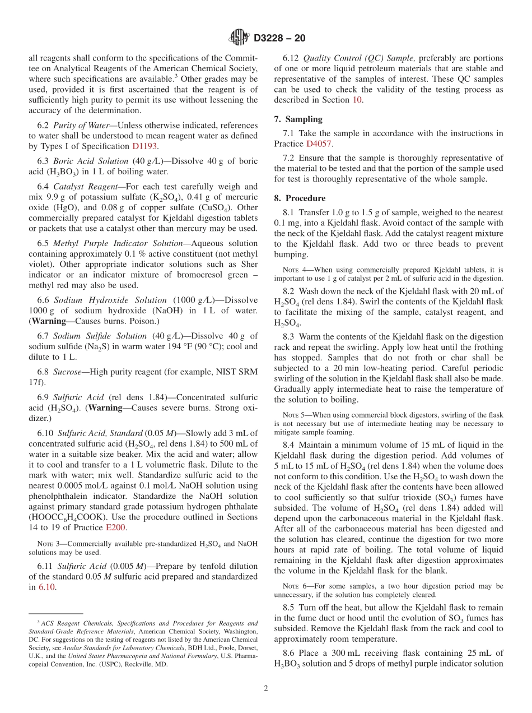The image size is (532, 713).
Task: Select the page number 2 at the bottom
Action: coord(265,688)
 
